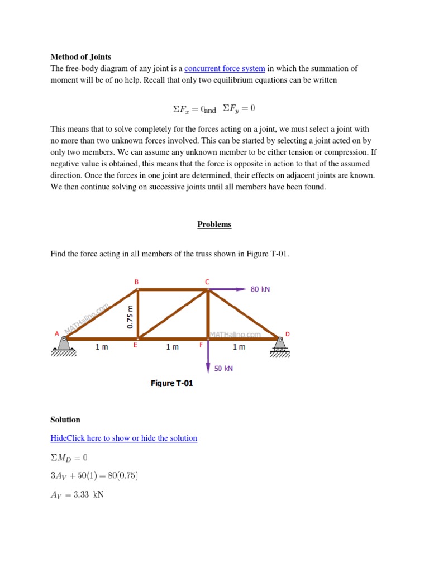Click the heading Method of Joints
click(x=80, y=56)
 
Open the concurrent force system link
click(x=225, y=68)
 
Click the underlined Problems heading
click(x=214, y=224)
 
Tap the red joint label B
click(x=136, y=282)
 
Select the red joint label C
click(x=207, y=282)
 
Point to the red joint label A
click(x=56, y=333)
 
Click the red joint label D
click(x=288, y=334)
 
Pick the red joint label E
click(x=135, y=346)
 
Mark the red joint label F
click(x=201, y=346)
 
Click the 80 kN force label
click(x=260, y=289)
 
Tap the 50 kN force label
click(x=223, y=369)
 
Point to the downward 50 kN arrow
click(x=208, y=357)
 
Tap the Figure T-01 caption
click(x=171, y=383)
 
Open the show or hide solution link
click(x=123, y=438)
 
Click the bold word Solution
click(x=65, y=420)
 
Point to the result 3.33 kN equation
click(x=77, y=494)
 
